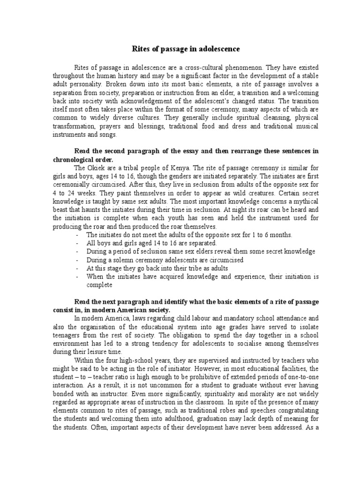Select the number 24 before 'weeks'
pyautogui.click(x=66, y=193)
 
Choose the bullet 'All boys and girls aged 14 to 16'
pyautogui.click(x=151, y=243)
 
